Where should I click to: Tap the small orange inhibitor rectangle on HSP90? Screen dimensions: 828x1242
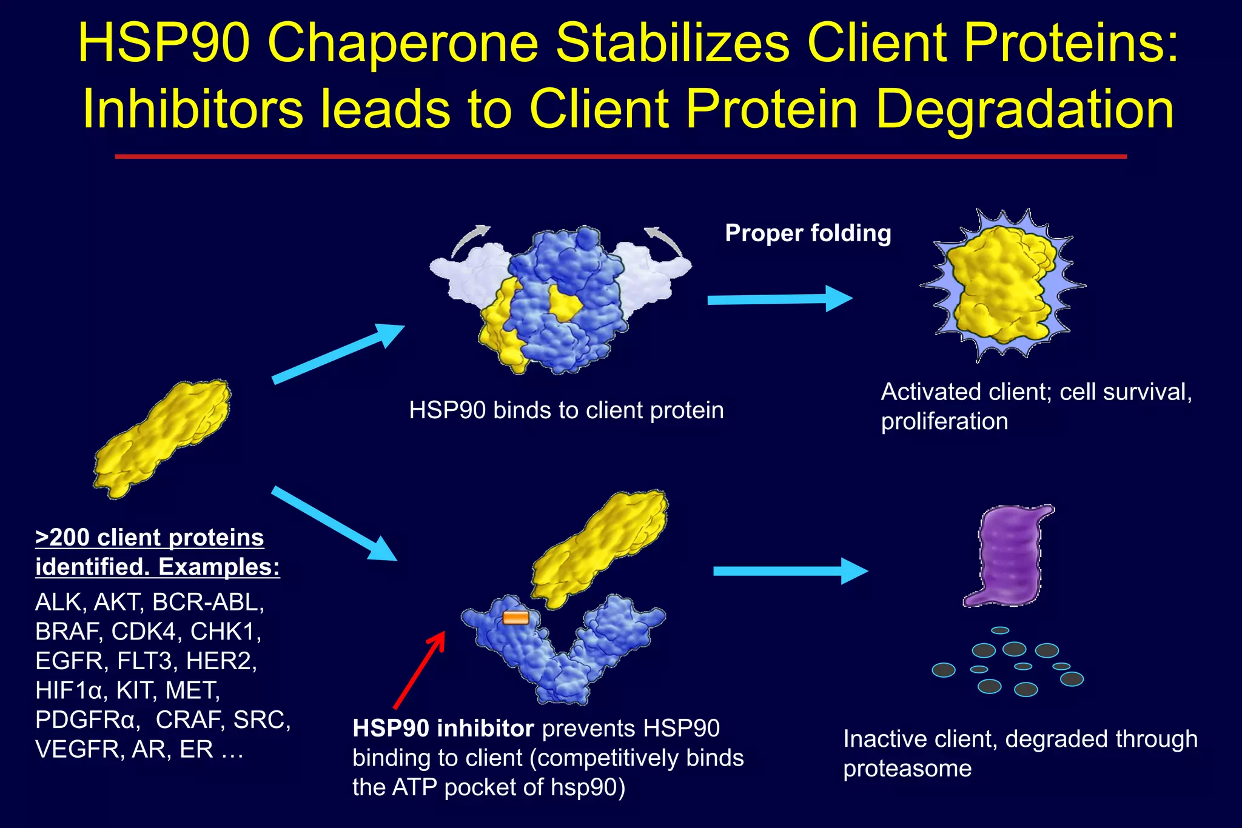pyautogui.click(x=515, y=618)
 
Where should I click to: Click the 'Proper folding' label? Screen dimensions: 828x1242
pyautogui.click(x=808, y=233)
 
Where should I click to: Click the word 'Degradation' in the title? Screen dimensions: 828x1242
pyautogui.click(x=1025, y=110)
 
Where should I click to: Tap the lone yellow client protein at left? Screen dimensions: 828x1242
pyautogui.click(x=163, y=438)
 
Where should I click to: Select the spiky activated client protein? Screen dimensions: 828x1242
pyautogui.click(x=1002, y=285)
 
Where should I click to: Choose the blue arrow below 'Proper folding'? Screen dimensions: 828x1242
pyautogui.click(x=779, y=299)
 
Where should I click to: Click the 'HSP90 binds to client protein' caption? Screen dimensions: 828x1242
pyautogui.click(x=566, y=410)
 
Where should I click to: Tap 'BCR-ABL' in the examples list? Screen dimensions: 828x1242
pyautogui.click(x=208, y=602)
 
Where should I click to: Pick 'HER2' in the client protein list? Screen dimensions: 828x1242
pyautogui.click(x=221, y=661)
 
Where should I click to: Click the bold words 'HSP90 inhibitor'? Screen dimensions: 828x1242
pyautogui.click(x=443, y=729)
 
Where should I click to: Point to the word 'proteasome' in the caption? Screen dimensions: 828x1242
pyautogui.click(x=907, y=769)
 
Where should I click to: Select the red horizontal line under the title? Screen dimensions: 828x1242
pyautogui.click(x=620, y=156)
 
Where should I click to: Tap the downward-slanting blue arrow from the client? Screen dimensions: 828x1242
pyautogui.click(x=334, y=523)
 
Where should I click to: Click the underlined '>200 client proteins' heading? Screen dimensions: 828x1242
pyautogui.click(x=150, y=538)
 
